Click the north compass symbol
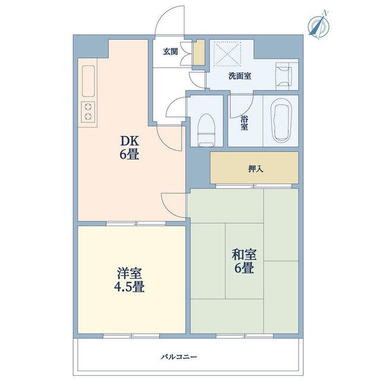[x=319, y=25]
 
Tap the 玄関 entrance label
[x=170, y=52]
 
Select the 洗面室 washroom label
[x=240, y=76]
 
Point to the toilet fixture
[x=207, y=130]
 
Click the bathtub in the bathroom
[x=281, y=123]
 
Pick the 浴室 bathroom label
[x=244, y=123]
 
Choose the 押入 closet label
[x=256, y=169]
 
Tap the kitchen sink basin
[x=88, y=81]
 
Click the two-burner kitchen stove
[x=88, y=112]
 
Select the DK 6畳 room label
[x=129, y=148]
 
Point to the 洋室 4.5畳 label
[x=129, y=280]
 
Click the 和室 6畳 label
[x=244, y=261]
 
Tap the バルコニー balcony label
[x=179, y=357]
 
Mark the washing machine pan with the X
[x=227, y=53]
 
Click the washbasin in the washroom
[x=284, y=75]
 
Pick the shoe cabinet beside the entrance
[x=199, y=52]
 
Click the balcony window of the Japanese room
[x=245, y=336]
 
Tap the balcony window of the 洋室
[x=131, y=336]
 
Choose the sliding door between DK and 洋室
[x=136, y=223]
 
